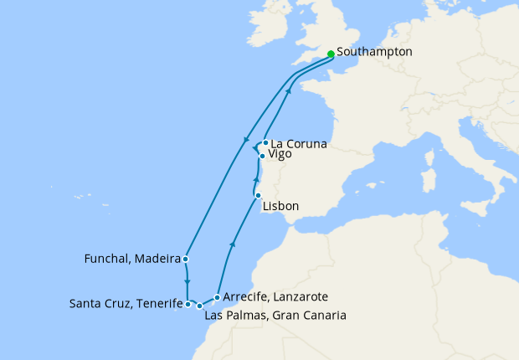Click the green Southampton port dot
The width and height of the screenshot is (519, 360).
[x=331, y=54]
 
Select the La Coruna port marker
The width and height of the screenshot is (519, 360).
[x=265, y=143]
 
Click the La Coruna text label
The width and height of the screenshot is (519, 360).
[x=299, y=144]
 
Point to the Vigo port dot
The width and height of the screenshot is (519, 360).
[x=262, y=156]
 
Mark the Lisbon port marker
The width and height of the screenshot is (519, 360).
[x=258, y=195]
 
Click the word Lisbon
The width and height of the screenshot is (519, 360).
[x=280, y=206]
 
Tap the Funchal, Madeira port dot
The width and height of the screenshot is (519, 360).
[x=185, y=259]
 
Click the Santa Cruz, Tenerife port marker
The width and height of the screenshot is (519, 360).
[x=188, y=305]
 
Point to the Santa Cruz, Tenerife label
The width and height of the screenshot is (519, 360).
[x=126, y=303]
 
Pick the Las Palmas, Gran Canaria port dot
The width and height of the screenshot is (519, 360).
[x=199, y=306]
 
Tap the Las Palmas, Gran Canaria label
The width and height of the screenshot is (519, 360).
[x=275, y=316]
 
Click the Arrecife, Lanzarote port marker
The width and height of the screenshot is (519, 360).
[x=217, y=297]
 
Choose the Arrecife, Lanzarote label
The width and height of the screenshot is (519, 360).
[x=275, y=297]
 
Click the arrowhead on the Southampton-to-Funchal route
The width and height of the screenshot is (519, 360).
[x=245, y=140]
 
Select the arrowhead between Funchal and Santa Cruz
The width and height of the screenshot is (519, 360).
[x=187, y=280]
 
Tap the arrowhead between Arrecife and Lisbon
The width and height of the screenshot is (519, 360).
[x=233, y=244]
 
